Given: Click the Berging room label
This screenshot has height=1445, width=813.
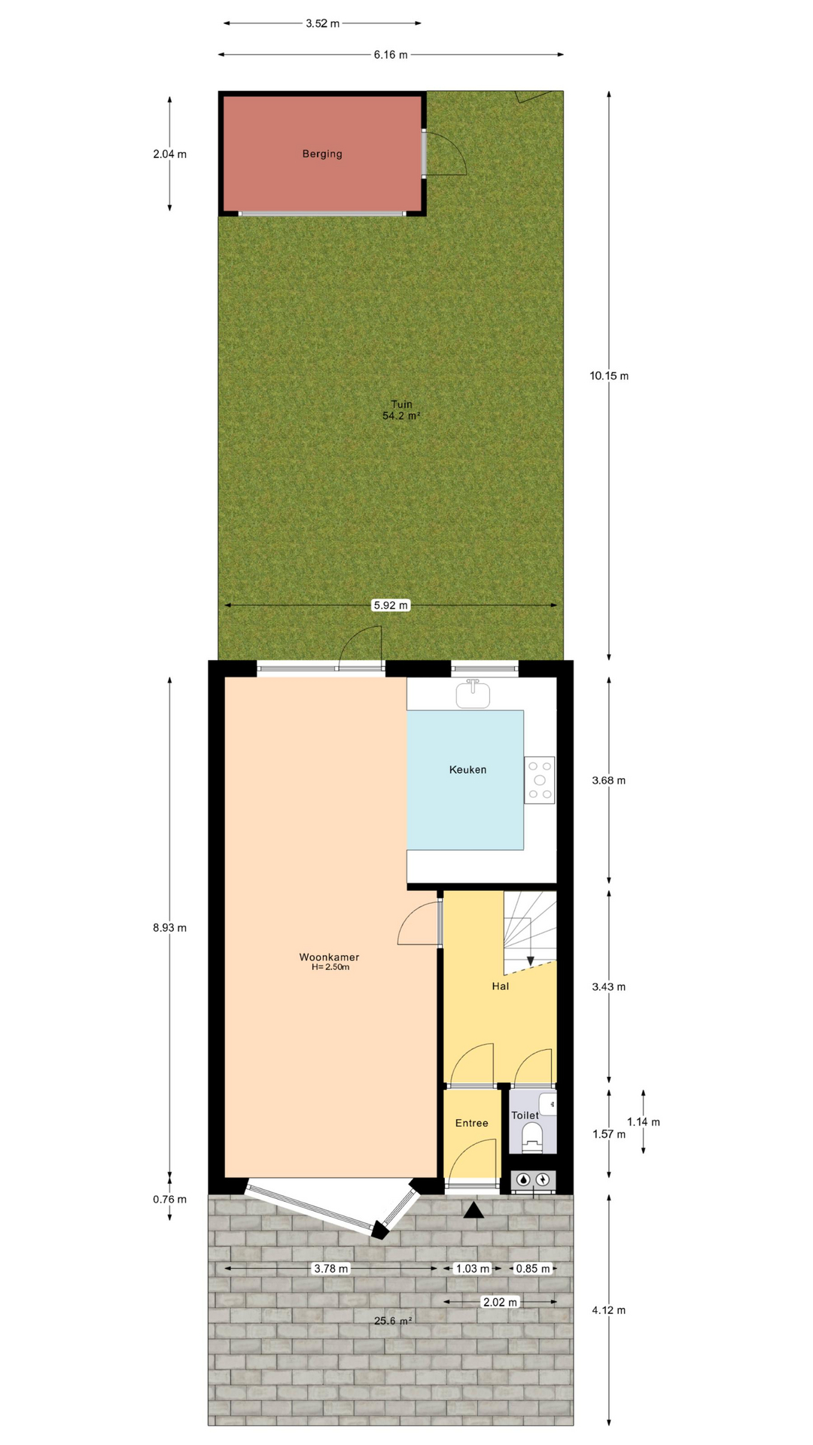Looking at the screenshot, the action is click(x=322, y=154).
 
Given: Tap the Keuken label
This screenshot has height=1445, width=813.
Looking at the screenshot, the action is click(x=467, y=770).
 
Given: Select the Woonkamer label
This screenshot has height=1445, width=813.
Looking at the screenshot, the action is click(x=329, y=957).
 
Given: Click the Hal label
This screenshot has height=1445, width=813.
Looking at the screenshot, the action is click(x=501, y=986).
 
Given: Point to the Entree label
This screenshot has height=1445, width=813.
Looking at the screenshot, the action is click(x=472, y=1123).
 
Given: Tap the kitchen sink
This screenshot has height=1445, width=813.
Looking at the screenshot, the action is click(x=473, y=693).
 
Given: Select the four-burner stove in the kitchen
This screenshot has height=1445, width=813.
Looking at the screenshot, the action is click(x=540, y=780).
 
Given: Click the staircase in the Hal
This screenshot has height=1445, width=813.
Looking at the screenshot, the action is click(x=530, y=931).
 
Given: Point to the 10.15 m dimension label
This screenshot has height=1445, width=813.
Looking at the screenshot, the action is click(x=609, y=376).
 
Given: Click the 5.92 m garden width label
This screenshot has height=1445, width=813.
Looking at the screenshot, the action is click(x=391, y=605).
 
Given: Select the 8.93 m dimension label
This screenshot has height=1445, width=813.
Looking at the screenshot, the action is click(x=169, y=928).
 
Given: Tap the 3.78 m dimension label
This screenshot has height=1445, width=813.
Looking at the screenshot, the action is click(x=330, y=1268).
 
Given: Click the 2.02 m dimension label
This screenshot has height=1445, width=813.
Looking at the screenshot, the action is click(x=500, y=1302).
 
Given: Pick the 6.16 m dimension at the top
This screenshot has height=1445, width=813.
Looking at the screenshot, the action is click(x=390, y=54).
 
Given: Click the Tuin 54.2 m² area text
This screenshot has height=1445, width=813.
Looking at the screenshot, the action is click(x=401, y=409).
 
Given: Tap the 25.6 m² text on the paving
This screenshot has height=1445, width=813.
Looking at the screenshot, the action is click(x=393, y=1320).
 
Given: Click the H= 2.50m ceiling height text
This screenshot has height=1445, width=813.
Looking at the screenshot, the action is click(x=330, y=967).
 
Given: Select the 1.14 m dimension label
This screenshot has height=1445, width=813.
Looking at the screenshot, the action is click(x=643, y=1121).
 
